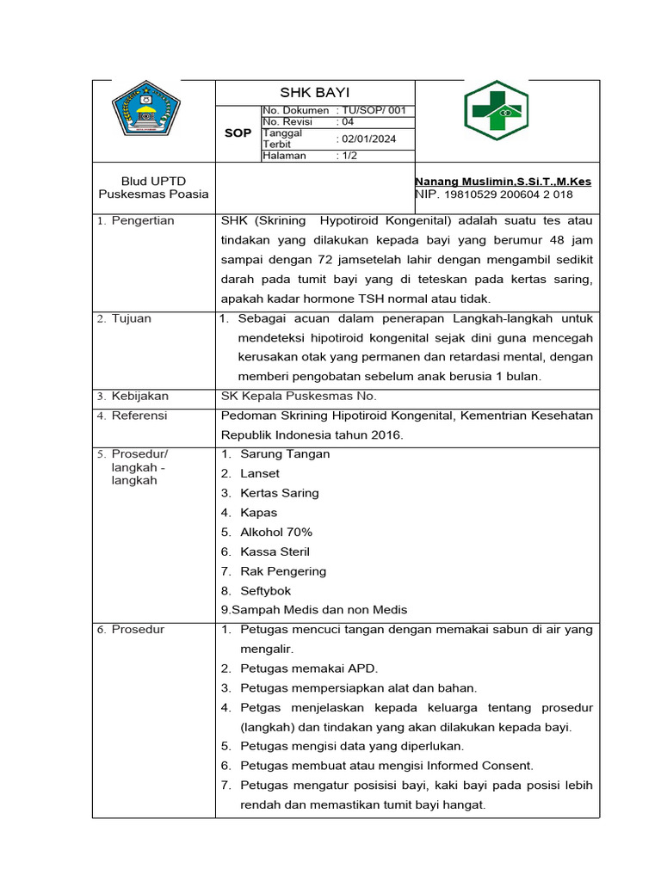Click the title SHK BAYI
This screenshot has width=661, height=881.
314,92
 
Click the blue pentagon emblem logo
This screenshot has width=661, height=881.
146,110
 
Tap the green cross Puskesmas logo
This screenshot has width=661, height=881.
497,111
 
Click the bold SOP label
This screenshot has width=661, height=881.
238,133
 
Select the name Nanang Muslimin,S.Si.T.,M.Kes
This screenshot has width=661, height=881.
503,182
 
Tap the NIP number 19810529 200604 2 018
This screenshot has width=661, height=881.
508,195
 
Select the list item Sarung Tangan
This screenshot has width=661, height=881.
285,454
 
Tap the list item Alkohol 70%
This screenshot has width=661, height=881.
276,533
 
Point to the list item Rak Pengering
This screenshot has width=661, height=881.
283,571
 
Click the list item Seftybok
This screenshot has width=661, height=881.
266,591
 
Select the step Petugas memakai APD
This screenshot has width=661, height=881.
309,668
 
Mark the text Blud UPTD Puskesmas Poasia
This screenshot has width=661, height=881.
152,188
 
